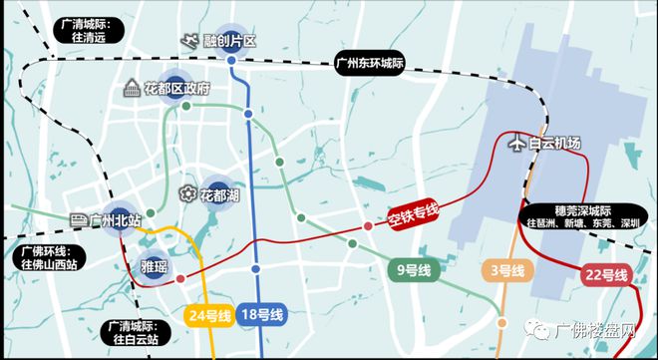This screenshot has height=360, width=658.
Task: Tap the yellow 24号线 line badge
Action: (x=209, y=316)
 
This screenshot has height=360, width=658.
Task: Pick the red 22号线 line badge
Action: (x=605, y=274)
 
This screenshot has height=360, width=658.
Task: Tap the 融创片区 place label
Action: (x=230, y=41)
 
